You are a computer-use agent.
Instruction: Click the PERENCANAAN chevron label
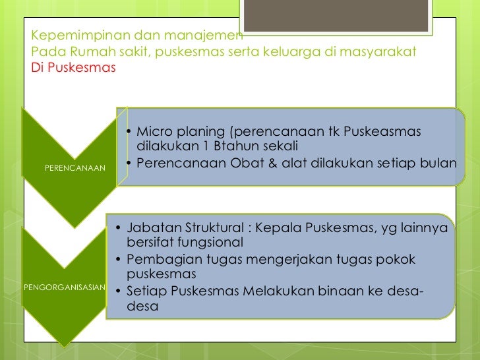point(75,168)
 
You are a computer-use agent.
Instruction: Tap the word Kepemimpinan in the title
point(73,36)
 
